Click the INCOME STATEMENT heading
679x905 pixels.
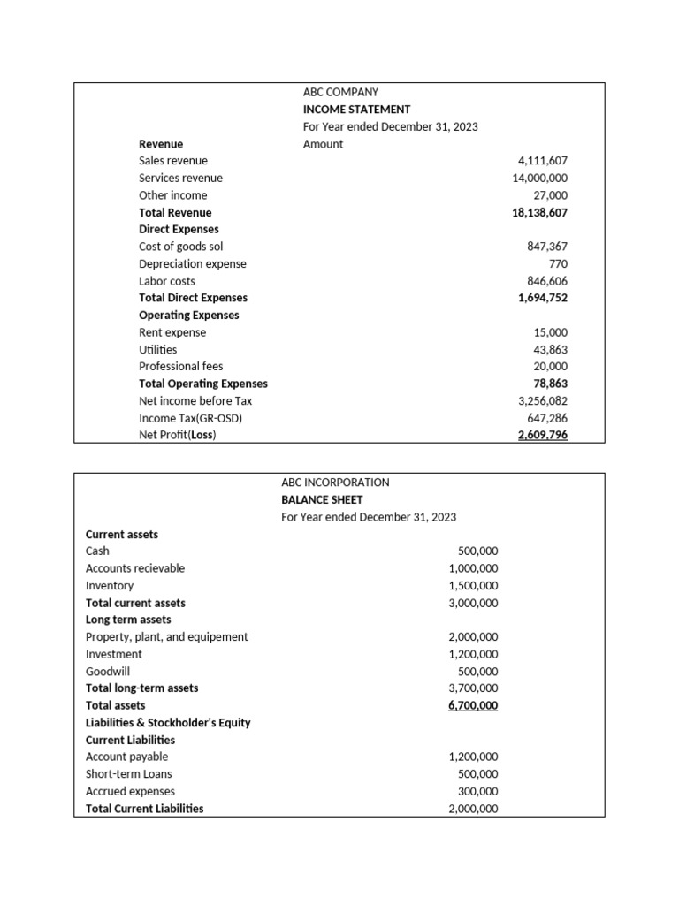(356, 110)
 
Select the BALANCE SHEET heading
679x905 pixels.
(322, 499)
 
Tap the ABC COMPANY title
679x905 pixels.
(340, 92)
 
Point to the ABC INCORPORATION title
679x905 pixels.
(335, 483)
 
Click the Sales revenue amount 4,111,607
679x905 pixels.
(542, 161)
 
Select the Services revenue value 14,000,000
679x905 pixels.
(539, 178)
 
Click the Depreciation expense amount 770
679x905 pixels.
(558, 263)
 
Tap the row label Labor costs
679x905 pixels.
(167, 281)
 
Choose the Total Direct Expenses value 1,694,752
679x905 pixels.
(542, 298)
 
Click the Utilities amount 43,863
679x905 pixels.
(550, 349)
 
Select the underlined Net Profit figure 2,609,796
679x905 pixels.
(542, 435)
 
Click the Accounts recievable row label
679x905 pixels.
(135, 568)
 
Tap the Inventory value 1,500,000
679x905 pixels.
(473, 585)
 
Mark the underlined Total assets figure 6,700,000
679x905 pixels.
(473, 705)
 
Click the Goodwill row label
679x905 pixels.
(108, 671)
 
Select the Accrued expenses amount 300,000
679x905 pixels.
(477, 791)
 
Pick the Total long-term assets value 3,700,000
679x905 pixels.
(473, 688)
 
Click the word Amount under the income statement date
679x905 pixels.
(323, 144)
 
